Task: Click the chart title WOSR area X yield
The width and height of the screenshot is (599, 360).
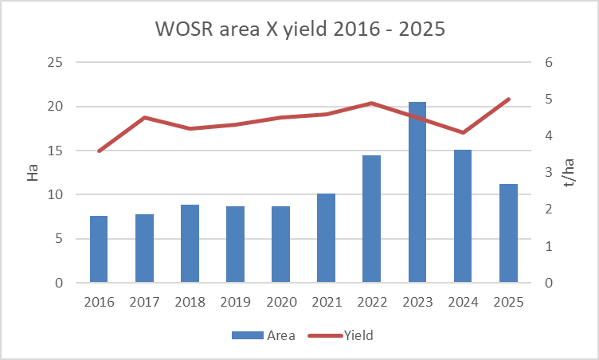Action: point(299,29)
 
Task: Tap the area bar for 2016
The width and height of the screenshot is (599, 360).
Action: point(99,249)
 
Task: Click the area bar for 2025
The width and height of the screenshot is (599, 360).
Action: point(508,233)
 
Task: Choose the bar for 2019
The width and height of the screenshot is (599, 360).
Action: point(235,245)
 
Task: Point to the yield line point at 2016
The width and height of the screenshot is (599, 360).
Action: point(99,151)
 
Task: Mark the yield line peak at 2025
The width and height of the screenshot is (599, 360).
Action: point(508,100)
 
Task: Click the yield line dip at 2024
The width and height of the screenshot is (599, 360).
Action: point(463,132)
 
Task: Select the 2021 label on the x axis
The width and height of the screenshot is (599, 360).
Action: point(327,302)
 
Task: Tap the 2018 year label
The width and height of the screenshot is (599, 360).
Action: point(190,302)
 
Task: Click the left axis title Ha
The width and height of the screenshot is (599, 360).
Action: point(33,173)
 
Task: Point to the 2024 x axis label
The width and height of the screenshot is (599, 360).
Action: point(463,302)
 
